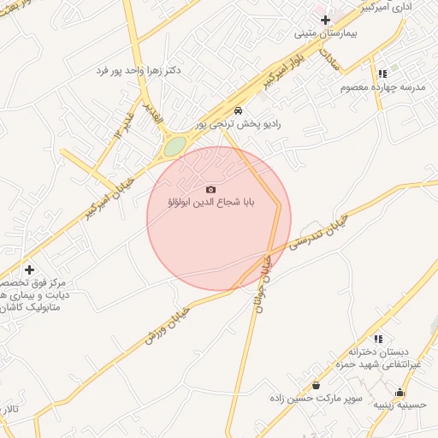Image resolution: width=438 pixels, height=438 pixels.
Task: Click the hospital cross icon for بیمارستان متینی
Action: [325, 19]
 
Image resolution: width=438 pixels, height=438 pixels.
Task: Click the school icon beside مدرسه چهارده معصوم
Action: [382, 74]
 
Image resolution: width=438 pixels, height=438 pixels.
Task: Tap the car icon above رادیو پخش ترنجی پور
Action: [238, 110]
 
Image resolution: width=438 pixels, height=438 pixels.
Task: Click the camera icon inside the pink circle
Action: [211, 189]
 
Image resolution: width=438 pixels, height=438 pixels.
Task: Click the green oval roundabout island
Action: [175, 147]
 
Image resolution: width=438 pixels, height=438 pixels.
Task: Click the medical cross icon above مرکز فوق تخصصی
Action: [29, 269]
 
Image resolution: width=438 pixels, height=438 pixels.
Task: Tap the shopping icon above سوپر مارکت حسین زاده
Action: [317, 384]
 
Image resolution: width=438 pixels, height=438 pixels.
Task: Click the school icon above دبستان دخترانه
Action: [378, 339]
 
